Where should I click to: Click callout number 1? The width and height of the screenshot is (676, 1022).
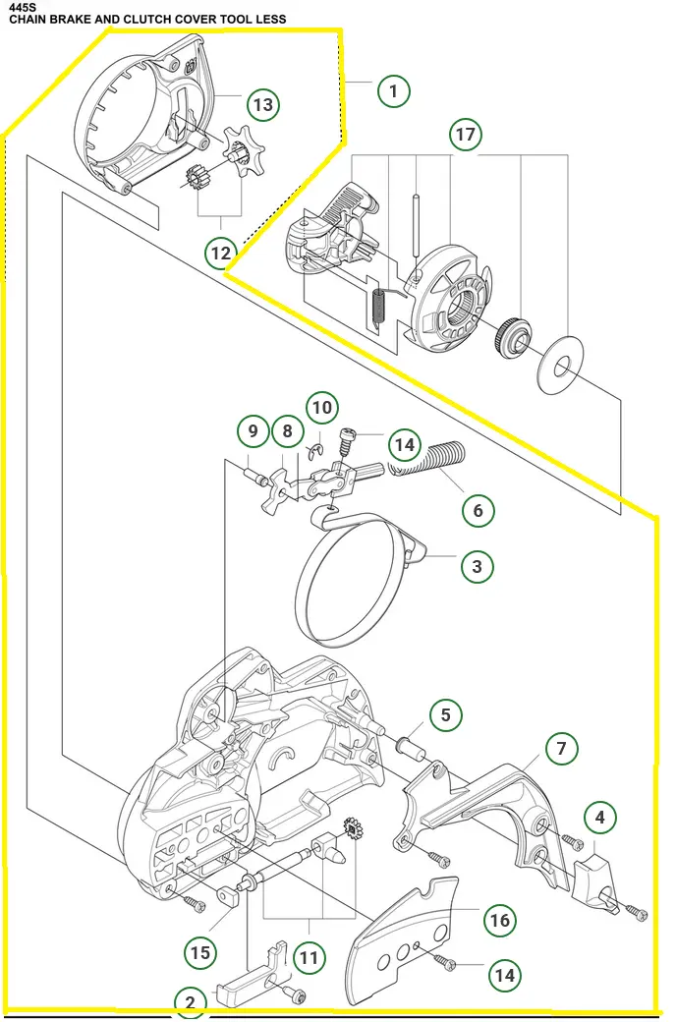point(393,91)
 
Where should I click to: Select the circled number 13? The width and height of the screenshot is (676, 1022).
point(261,104)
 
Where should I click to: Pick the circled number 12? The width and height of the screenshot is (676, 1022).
point(221,253)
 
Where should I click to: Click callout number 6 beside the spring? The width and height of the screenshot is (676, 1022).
point(479,510)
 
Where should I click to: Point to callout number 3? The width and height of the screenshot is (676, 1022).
point(477,566)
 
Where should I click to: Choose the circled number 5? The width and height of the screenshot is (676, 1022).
point(445,714)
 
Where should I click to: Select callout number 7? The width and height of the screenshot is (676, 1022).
point(561,749)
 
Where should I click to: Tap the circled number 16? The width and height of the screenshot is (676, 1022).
point(500,920)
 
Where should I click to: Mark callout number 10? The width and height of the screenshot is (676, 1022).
point(321,407)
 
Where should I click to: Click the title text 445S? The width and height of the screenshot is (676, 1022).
point(16,6)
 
